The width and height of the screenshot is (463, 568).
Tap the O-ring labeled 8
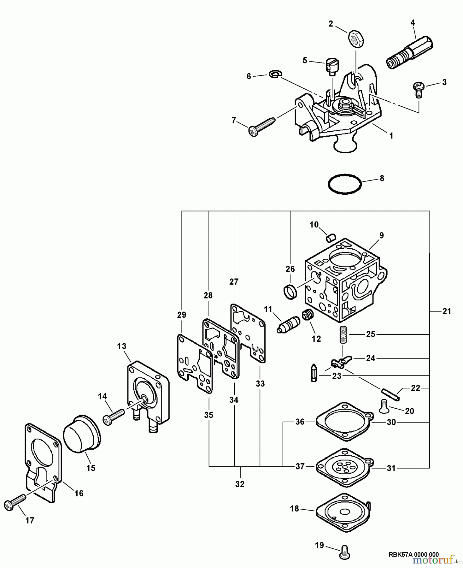[344, 184]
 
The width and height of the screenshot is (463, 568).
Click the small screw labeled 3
[418, 86]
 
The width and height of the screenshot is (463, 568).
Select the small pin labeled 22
[390, 394]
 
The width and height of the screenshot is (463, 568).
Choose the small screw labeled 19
[344, 553]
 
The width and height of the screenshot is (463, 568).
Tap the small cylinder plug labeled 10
[331, 237]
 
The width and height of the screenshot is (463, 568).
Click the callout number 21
[446, 311]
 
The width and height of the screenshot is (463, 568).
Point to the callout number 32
[240, 484]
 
